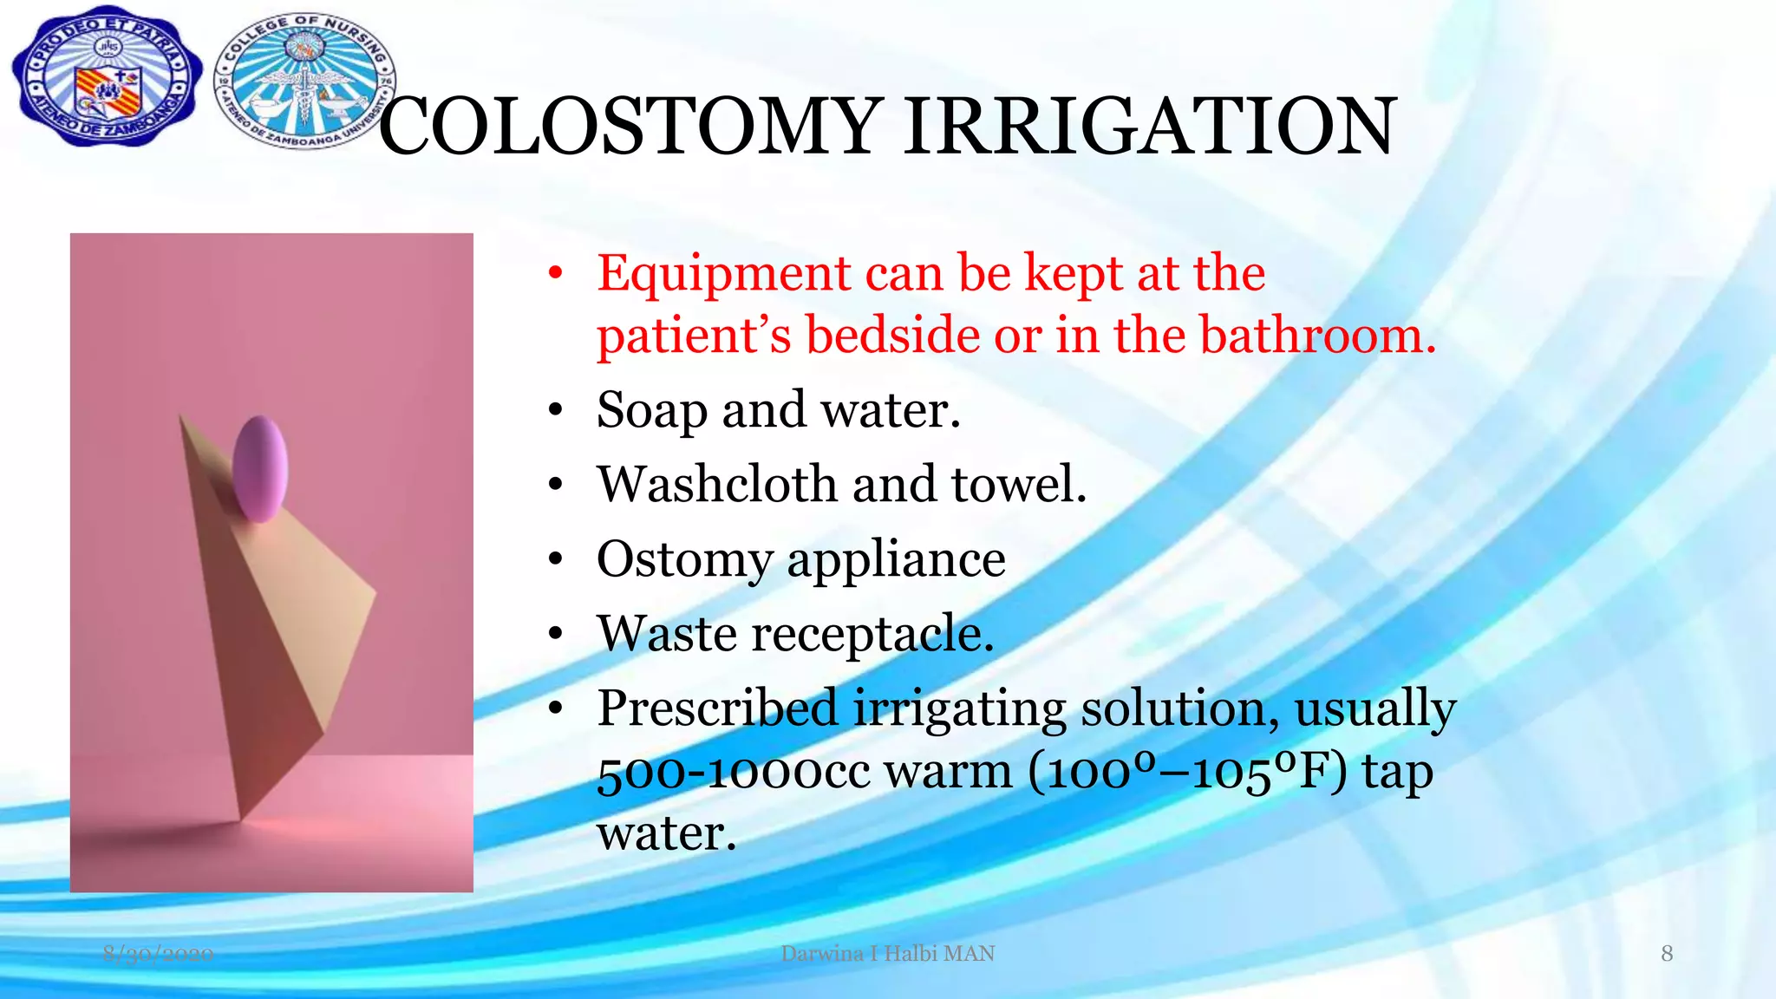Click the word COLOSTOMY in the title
pyautogui.click(x=630, y=127)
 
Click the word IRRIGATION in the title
pyautogui.click(x=1150, y=127)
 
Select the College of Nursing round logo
pyautogui.click(x=304, y=82)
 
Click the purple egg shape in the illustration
pyautogui.click(x=259, y=468)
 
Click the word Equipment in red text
pyautogui.click(x=723, y=274)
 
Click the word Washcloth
pyautogui.click(x=716, y=484)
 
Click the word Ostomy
pyautogui.click(x=684, y=560)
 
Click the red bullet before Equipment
pyautogui.click(x=556, y=275)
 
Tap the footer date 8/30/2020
pyautogui.click(x=158, y=954)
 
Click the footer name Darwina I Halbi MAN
pyautogui.click(x=887, y=954)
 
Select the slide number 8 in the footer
pyautogui.click(x=1666, y=954)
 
